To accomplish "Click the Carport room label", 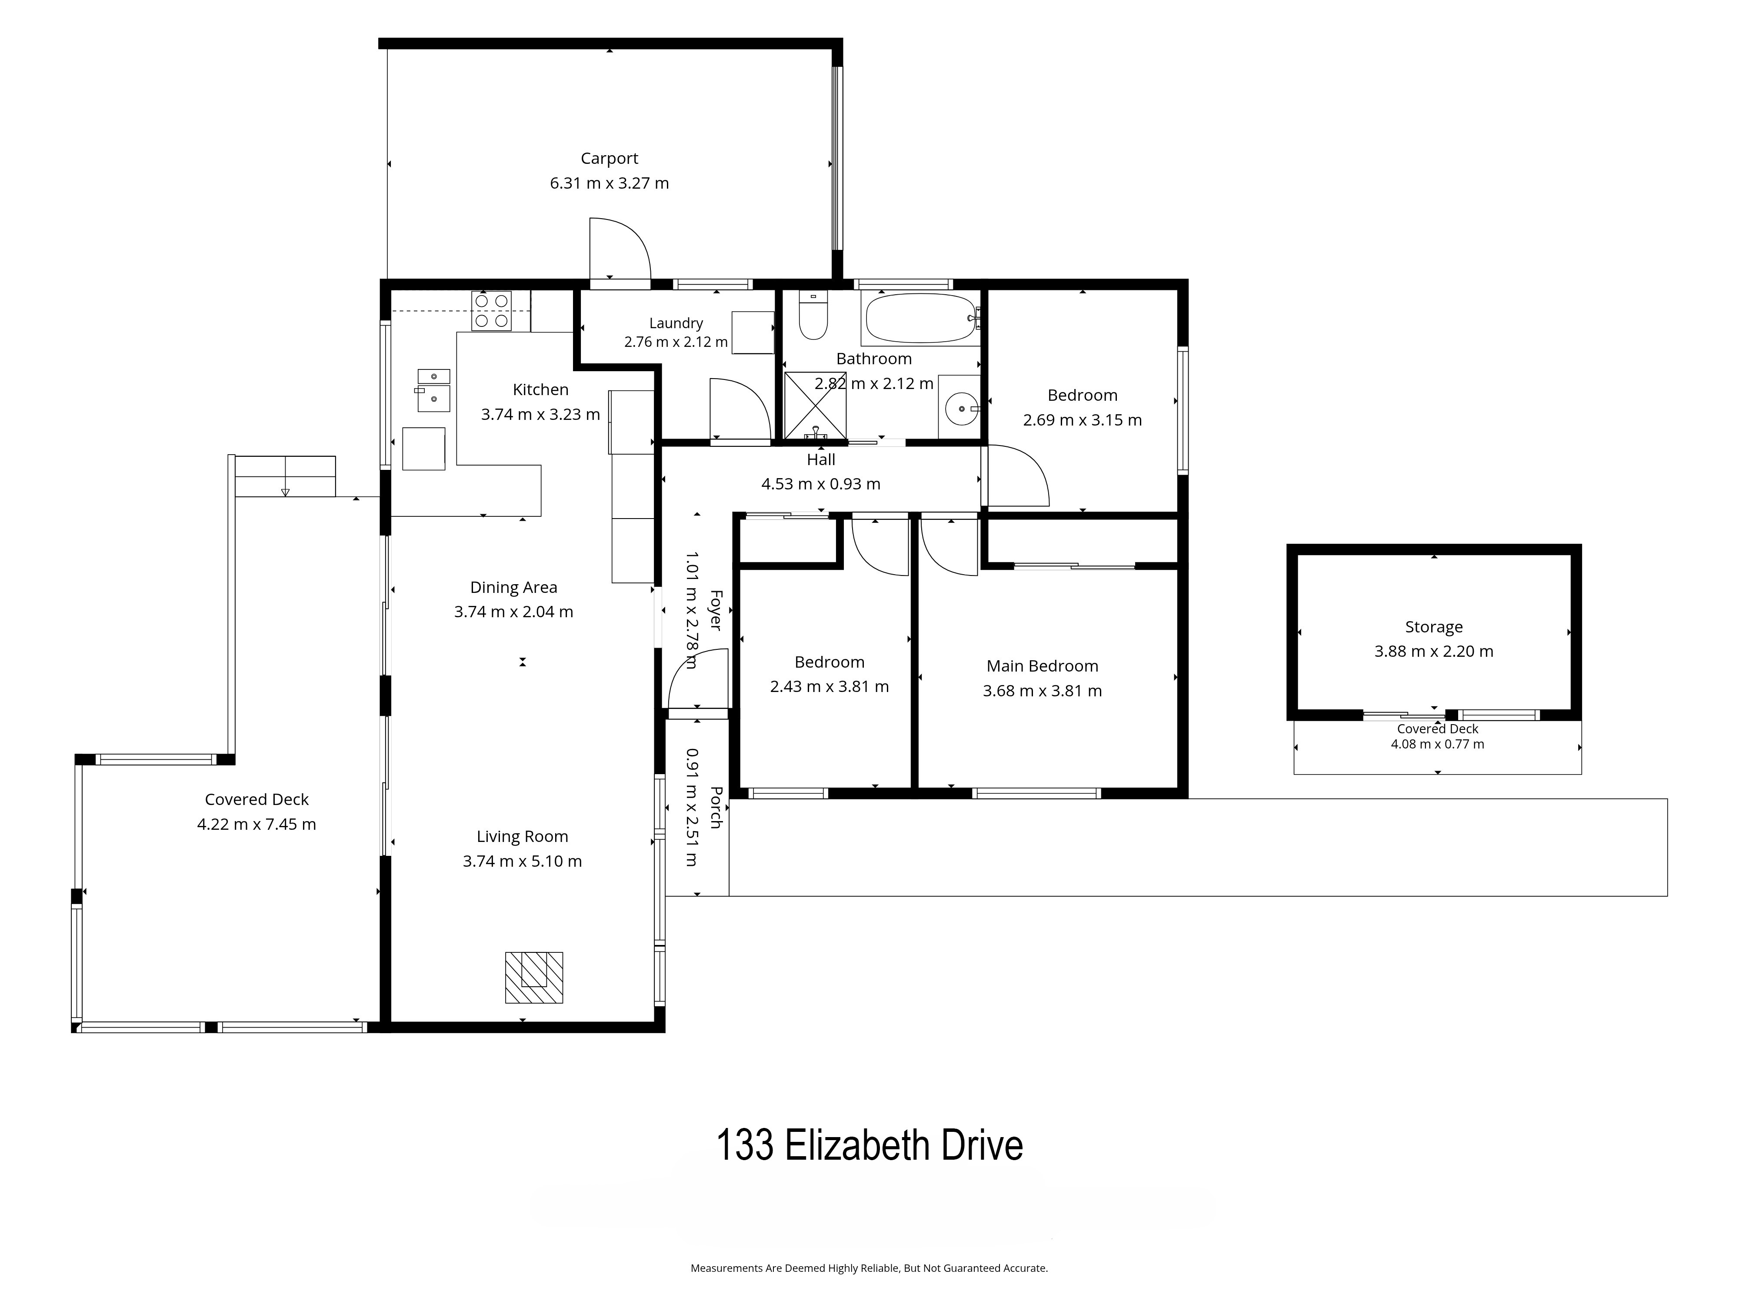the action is tap(609, 159).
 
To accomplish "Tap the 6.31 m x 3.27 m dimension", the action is tap(609, 183).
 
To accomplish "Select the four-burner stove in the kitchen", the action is tap(491, 310).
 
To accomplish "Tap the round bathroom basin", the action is tap(962, 409).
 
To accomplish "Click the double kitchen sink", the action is tap(433, 391).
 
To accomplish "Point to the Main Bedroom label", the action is tap(1043, 666).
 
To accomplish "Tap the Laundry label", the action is tap(676, 323).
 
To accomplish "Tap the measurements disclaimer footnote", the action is tap(869, 1268).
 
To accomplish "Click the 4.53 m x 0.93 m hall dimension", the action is tap(821, 484).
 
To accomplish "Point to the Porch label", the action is tap(716, 807).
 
